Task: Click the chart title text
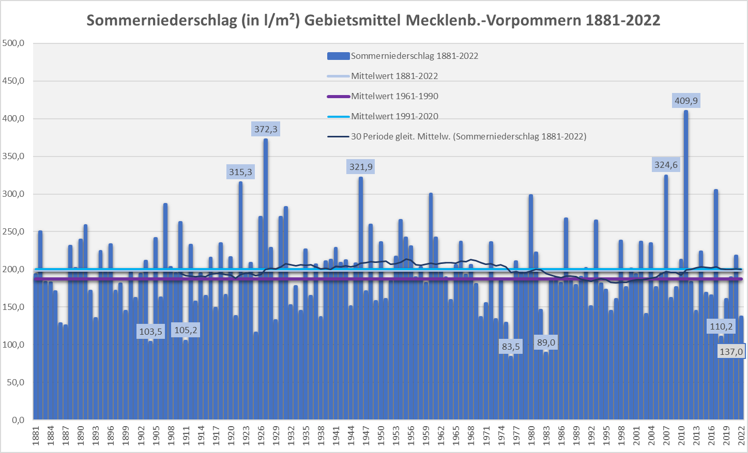373,20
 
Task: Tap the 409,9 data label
686,101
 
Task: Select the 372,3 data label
266,129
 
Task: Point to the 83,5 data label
511,347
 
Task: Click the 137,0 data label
731,352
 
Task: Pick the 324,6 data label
666,165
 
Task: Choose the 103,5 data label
151,332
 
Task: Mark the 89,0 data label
546,342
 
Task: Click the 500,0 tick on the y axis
14,43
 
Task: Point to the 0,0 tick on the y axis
18,420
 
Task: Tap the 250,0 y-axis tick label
14,232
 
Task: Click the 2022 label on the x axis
741,435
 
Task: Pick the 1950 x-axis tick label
381,435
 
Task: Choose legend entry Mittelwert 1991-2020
394,116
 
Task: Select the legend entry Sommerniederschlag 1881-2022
414,56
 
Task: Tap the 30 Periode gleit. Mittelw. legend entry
468,136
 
